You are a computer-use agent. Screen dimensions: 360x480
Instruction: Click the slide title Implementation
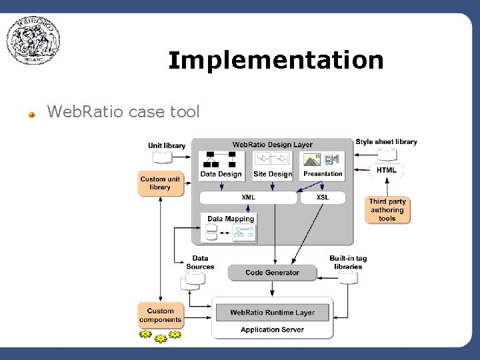tap(275, 61)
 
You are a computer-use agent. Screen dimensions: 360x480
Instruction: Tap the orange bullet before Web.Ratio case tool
tap(31, 113)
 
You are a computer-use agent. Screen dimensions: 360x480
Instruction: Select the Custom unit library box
tap(160, 183)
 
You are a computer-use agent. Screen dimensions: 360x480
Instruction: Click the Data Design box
tap(221, 165)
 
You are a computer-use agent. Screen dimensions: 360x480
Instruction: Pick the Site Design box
tap(273, 165)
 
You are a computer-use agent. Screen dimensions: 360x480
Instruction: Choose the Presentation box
tap(323, 165)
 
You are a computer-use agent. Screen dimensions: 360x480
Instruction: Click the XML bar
tap(248, 197)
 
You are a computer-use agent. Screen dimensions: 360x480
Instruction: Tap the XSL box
tap(323, 197)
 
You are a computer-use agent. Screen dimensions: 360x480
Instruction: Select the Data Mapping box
tap(230, 227)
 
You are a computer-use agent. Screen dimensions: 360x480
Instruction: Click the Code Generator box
tap(272, 273)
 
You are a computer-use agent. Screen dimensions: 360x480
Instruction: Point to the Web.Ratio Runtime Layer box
tap(272, 312)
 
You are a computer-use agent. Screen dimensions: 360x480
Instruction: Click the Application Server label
tap(272, 329)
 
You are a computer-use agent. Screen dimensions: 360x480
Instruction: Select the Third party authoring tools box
tap(387, 210)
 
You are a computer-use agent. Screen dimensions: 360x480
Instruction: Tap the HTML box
tap(386, 170)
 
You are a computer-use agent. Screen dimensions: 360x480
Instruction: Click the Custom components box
tap(160, 315)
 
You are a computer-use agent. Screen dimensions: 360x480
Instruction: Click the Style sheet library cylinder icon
tap(387, 154)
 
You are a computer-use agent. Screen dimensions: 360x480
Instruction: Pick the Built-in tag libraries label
tap(348, 263)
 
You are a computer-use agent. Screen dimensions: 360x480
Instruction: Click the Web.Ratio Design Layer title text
tap(272, 145)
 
